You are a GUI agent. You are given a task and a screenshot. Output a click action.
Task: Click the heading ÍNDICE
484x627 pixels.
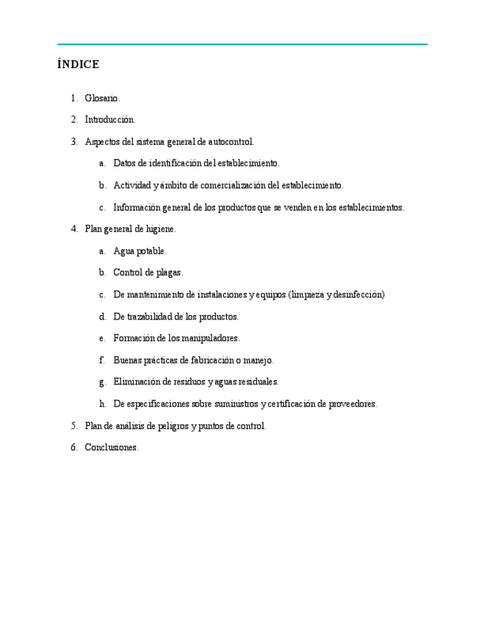click(78, 65)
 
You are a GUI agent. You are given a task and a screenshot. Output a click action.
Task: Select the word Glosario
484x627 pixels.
click(102, 98)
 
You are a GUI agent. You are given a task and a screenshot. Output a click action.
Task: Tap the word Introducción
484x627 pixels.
click(110, 120)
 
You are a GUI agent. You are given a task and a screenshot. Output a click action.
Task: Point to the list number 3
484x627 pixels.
click(74, 142)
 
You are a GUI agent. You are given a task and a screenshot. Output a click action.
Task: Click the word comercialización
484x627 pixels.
click(228, 186)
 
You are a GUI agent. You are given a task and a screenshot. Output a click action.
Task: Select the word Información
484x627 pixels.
click(137, 208)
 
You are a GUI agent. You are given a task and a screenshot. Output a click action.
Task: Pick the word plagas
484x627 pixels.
click(169, 273)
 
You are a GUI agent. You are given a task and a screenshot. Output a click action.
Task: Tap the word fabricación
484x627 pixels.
click(202, 360)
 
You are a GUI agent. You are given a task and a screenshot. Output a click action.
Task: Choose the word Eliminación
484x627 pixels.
click(137, 382)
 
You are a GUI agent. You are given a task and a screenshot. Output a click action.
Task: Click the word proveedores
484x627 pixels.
click(352, 404)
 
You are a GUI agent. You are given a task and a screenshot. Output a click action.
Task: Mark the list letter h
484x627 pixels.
click(102, 404)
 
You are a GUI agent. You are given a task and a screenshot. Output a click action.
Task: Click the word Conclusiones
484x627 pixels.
click(112, 448)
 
